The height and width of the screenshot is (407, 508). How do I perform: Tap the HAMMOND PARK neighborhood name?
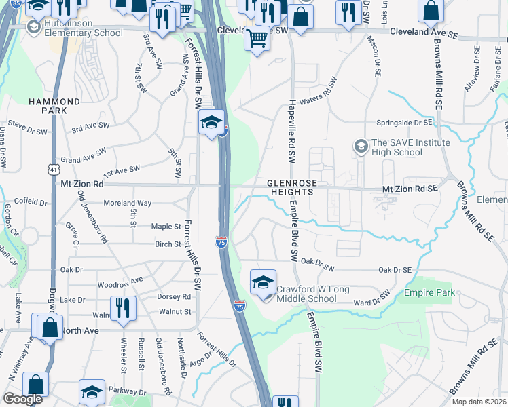point(54,106)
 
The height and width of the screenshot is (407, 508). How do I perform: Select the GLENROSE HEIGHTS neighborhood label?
point(299,188)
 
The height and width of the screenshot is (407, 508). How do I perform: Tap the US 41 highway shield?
point(53,168)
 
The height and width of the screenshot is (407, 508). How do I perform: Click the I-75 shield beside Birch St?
point(221,241)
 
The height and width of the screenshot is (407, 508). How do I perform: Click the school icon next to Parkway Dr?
point(92,392)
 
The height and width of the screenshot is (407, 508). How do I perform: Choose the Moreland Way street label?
point(127,203)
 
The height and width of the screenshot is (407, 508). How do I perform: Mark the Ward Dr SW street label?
point(371,298)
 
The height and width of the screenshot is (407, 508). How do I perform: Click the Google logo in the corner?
point(22,399)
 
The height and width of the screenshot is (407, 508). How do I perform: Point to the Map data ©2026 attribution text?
point(479,402)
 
